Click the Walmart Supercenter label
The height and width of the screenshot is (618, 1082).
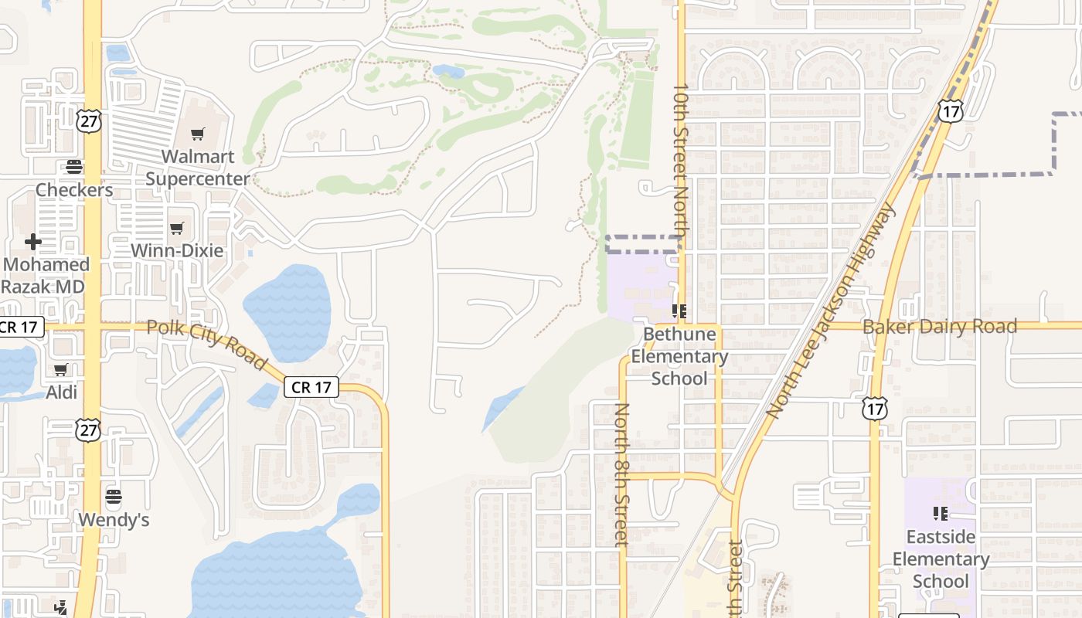198,168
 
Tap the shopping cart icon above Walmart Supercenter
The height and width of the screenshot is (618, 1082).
198,134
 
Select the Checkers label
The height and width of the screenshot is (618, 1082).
74,190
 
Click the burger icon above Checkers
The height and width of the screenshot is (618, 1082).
74,166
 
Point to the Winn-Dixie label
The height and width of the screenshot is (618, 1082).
177,250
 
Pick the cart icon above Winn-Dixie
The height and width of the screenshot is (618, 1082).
177,228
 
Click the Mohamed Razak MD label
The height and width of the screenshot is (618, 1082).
46,275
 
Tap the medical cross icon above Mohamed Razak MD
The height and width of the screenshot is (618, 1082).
32,242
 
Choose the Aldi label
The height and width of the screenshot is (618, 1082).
62,392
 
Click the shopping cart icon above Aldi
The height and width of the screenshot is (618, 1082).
61,369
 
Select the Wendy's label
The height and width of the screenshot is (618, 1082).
114,520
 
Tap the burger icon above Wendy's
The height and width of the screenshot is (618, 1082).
114,495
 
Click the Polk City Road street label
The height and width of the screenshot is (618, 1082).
206,343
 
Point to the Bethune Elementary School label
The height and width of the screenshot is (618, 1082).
679,356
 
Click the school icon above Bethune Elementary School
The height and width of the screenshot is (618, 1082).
679,311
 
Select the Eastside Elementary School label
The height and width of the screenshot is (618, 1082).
941,559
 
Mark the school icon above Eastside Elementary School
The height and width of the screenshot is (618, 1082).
941,513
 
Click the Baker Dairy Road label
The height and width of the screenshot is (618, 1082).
939,327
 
